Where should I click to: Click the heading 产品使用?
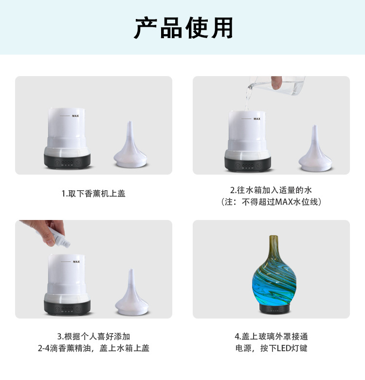coord(183,28)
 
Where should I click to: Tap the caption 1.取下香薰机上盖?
coord(93,194)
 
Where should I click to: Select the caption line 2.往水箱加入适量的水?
coord(271,190)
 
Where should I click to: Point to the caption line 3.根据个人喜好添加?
coord(93,337)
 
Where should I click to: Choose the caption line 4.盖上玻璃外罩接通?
coord(271,337)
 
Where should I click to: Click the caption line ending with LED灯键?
coord(271,348)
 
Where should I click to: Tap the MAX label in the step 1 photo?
coord(75,116)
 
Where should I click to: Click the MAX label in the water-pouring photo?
coord(256,119)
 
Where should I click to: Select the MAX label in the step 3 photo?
coord(76,262)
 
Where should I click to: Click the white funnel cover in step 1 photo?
coord(130,146)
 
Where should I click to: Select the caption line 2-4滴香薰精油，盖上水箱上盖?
coord(93,348)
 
